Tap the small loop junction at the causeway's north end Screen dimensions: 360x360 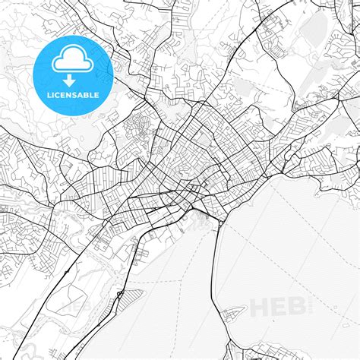coord(218,223)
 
